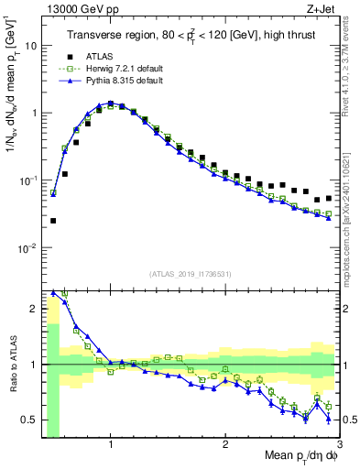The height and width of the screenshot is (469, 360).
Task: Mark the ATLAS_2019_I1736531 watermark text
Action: (x=185, y=274)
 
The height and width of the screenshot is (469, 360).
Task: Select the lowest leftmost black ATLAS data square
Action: (x=53, y=221)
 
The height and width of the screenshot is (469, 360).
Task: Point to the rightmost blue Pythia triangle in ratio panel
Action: (x=329, y=419)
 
